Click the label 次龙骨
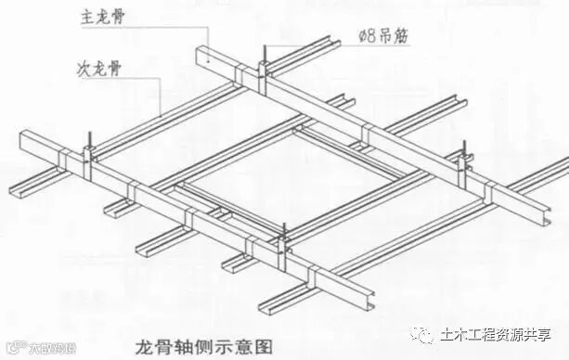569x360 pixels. (x=97, y=69)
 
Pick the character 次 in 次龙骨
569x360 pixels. (x=83, y=69)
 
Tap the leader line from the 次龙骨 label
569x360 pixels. (x=149, y=93)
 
